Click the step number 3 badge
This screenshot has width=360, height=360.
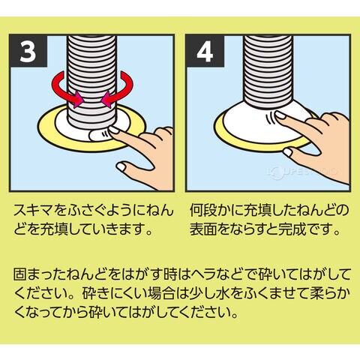pos(28,51)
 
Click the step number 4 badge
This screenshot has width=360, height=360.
pos(205,51)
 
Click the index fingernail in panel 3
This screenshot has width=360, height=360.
pos(114,130)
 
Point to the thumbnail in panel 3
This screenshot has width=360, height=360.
pos(121,166)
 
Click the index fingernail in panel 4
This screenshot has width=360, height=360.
pos(280,115)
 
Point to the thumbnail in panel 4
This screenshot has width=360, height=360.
pos(288,152)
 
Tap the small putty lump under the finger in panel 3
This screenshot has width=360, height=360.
pos(99,136)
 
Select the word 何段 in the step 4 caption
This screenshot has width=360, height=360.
pos(202,210)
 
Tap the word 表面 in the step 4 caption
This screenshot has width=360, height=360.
pos(202,229)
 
